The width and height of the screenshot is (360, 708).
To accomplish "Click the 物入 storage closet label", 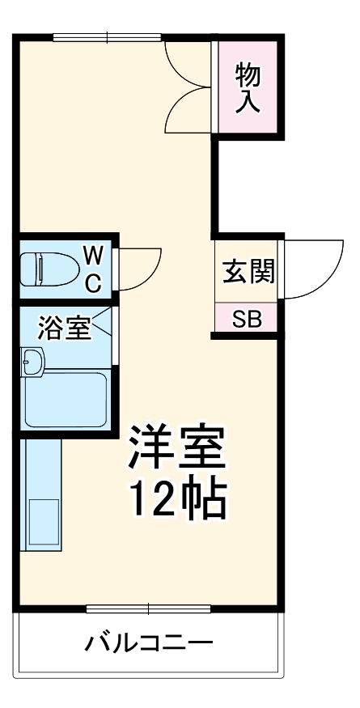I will (248, 89).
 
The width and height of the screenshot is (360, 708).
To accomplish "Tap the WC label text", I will (93, 269).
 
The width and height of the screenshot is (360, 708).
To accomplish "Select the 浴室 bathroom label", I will (64, 329).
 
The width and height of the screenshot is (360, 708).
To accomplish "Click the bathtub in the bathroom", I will (66, 399).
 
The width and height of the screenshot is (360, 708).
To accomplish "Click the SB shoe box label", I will (247, 318).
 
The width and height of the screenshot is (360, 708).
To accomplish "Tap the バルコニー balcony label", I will (150, 645).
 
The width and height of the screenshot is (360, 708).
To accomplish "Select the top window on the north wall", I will (107, 36).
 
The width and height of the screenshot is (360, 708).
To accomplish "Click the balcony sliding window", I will (149, 608).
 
